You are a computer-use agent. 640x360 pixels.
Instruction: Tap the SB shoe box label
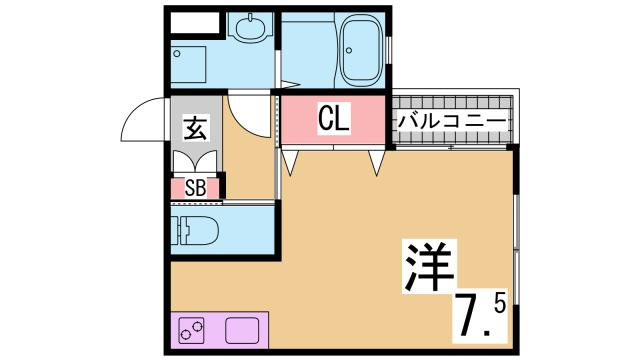(x=195, y=187)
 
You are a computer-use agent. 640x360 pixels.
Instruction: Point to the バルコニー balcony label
(x=453, y=122)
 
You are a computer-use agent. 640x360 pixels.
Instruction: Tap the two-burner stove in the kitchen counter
(x=197, y=329)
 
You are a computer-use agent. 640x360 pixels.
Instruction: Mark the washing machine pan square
(x=189, y=64)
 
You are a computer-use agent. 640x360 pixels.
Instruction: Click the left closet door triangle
(x=290, y=160)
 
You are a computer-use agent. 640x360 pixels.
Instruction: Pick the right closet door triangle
(x=377, y=160)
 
